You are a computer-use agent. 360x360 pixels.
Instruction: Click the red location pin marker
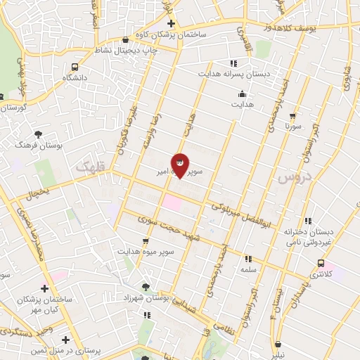tap(180, 165)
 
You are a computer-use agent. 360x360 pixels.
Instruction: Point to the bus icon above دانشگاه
tap(75, 67)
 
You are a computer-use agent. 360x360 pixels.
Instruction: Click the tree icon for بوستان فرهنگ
tap(38, 134)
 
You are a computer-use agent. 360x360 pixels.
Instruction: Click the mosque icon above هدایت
tap(243, 94)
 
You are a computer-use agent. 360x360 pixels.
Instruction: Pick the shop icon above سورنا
tap(292, 116)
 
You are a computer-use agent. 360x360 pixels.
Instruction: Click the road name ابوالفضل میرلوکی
tap(240, 214)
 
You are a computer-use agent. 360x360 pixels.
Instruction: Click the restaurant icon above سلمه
tap(247, 258)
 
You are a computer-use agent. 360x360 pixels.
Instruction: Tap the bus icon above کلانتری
tap(321, 263)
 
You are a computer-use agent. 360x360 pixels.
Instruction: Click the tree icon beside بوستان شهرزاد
tap(146, 286)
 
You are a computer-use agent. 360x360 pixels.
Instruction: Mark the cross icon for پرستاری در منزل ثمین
tap(65, 340)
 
